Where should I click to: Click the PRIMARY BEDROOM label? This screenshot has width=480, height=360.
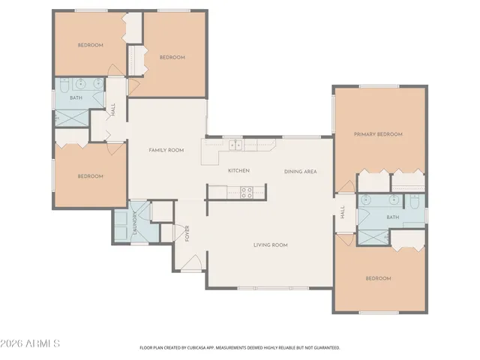pyautogui.click(x=378, y=134)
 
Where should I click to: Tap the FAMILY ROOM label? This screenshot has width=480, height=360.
pyautogui.click(x=166, y=150)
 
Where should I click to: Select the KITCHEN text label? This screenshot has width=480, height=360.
pyautogui.click(x=238, y=171)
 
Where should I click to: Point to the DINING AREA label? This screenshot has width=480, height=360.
pyautogui.click(x=300, y=172)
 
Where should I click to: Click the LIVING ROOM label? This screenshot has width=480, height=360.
pyautogui.click(x=270, y=244)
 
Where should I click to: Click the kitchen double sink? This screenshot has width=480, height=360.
pyautogui.click(x=235, y=145)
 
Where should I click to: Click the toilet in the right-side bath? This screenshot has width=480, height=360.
pyautogui.click(x=413, y=202)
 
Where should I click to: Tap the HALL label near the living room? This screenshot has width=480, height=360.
pyautogui.click(x=342, y=213)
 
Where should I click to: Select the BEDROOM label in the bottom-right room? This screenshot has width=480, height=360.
pyautogui.click(x=378, y=278)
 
